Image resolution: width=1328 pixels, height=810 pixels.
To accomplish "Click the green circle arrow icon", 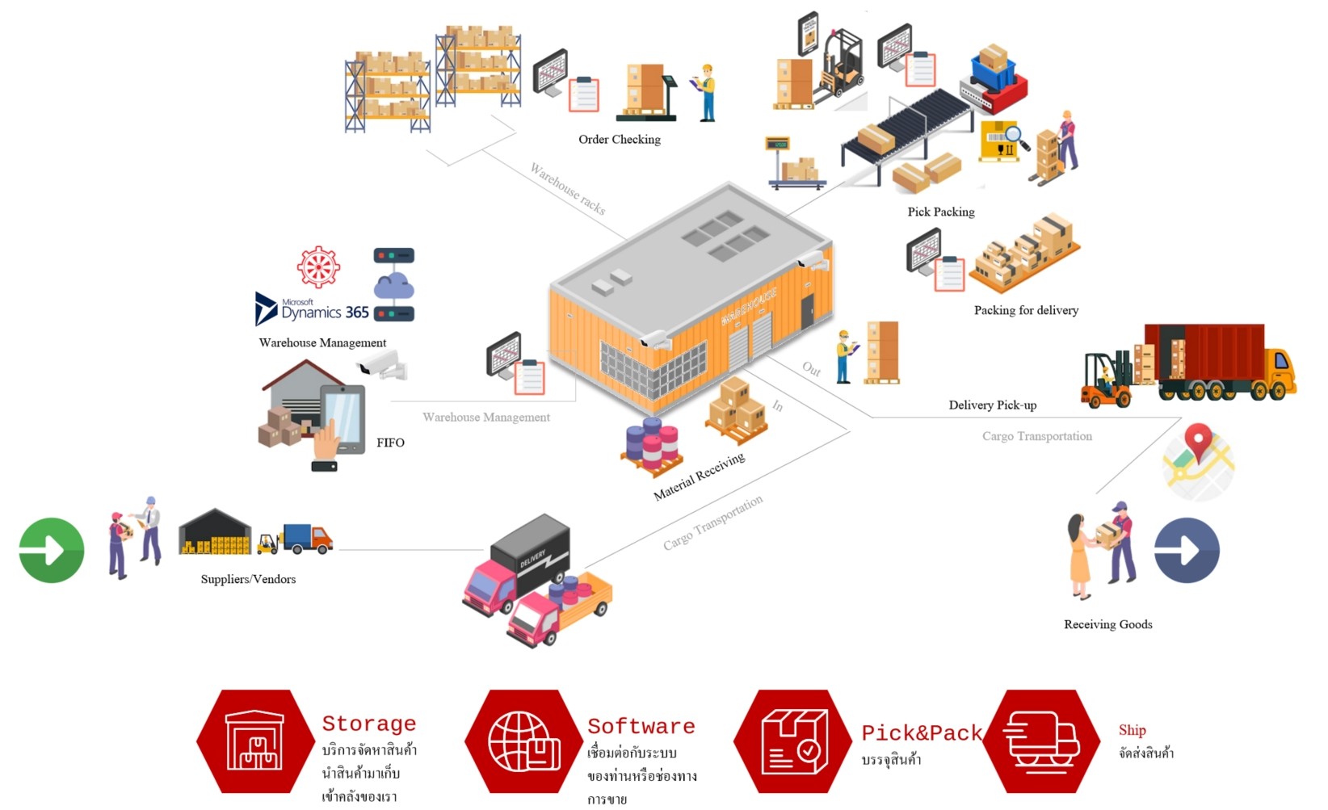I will (x=52, y=550).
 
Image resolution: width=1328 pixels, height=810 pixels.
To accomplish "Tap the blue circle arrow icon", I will (x=1187, y=550).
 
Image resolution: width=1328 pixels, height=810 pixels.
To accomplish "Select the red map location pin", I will (x=1198, y=442).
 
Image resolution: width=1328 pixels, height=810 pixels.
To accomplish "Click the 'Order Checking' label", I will (x=619, y=140).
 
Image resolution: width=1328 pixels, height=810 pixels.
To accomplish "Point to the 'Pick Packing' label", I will (x=940, y=212).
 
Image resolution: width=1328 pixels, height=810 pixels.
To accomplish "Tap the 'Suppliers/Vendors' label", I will (x=248, y=579).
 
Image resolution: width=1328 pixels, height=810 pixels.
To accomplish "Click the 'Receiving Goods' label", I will (x=1107, y=624).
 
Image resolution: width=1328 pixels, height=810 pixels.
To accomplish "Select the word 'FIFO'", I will (x=390, y=443).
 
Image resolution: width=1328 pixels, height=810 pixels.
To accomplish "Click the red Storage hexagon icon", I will (x=255, y=741).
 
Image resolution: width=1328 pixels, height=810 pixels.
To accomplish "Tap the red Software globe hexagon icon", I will (x=523, y=741).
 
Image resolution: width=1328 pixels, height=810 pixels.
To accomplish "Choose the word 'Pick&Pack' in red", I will (x=921, y=732).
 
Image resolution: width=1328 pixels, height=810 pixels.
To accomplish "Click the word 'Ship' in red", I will (x=1132, y=730).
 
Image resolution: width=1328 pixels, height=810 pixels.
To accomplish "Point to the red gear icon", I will (x=318, y=267).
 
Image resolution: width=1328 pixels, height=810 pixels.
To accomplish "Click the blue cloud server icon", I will (x=393, y=284).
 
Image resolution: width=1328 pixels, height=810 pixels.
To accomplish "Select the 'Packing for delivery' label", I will (x=1026, y=310).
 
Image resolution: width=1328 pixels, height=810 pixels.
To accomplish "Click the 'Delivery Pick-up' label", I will (x=992, y=405).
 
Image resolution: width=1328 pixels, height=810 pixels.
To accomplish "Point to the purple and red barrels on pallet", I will (x=653, y=447).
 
